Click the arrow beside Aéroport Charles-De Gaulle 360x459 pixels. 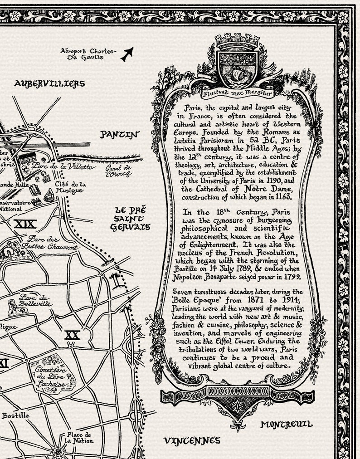pos(127,54)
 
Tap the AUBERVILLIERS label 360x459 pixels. pos(49,83)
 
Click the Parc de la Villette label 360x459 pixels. pos(64,167)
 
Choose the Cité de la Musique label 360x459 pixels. pos(69,187)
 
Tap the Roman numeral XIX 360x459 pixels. pos(25,224)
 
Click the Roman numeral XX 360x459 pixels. pos(72,335)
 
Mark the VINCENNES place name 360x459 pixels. pos(191,440)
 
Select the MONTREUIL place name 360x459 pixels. pos(286,425)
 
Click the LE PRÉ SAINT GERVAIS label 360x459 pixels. pos(130,219)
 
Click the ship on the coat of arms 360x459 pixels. pos(238,73)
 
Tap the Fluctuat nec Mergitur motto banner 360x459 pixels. pos(238,94)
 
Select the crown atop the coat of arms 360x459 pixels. pos(238,42)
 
